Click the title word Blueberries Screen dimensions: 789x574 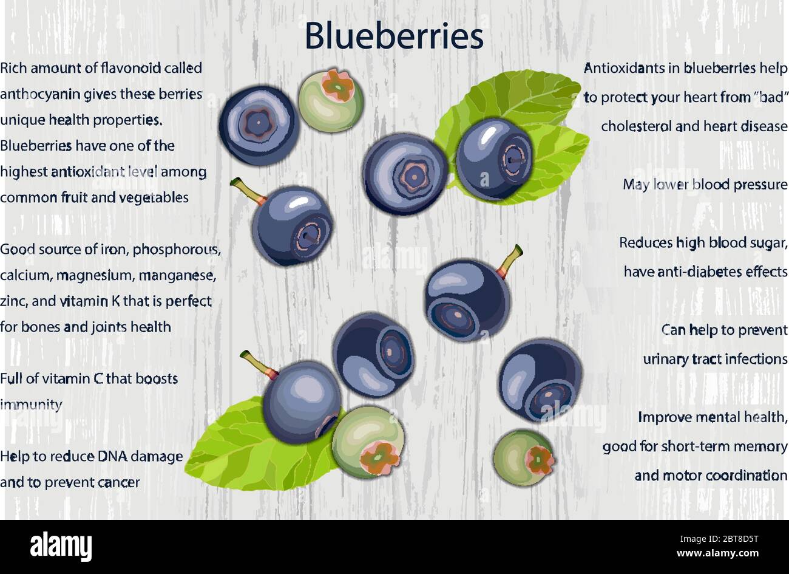point(394,36)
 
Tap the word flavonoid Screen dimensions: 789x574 point(131,68)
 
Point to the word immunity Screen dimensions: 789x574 point(31,405)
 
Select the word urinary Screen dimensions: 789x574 point(665,360)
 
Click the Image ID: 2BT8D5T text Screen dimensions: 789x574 point(719,539)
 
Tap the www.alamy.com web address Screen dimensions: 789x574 point(717,553)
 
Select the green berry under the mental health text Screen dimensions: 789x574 point(523,457)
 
